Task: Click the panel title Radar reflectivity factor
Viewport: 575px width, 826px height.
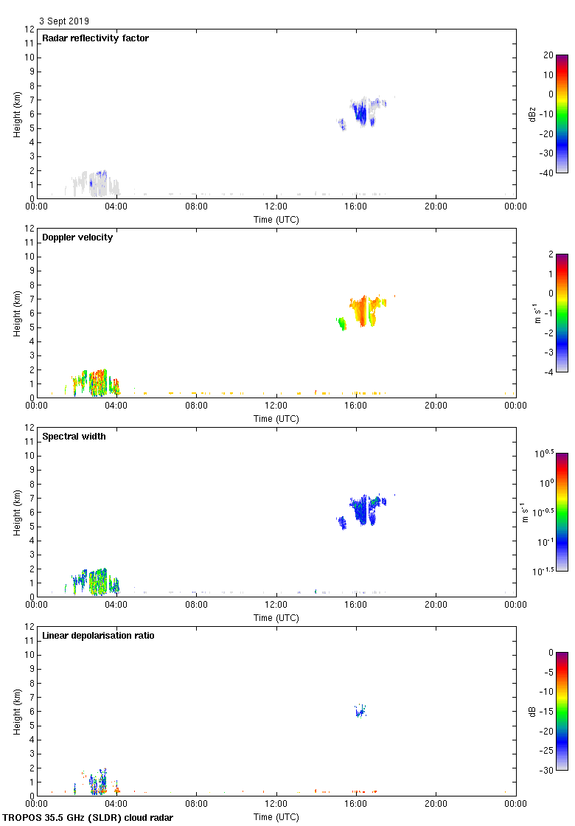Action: (95, 38)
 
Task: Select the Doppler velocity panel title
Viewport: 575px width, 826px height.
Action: (77, 237)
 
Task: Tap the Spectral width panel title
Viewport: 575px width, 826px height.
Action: (74, 437)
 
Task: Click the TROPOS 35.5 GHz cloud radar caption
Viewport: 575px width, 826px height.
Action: (88, 817)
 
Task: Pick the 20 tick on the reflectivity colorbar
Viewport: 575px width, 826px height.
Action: (547, 55)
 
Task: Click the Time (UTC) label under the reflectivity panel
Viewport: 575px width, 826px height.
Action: (276, 220)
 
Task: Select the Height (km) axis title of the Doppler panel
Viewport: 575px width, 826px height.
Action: (17, 313)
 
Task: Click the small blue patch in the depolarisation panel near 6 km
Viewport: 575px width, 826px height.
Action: (360, 712)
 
